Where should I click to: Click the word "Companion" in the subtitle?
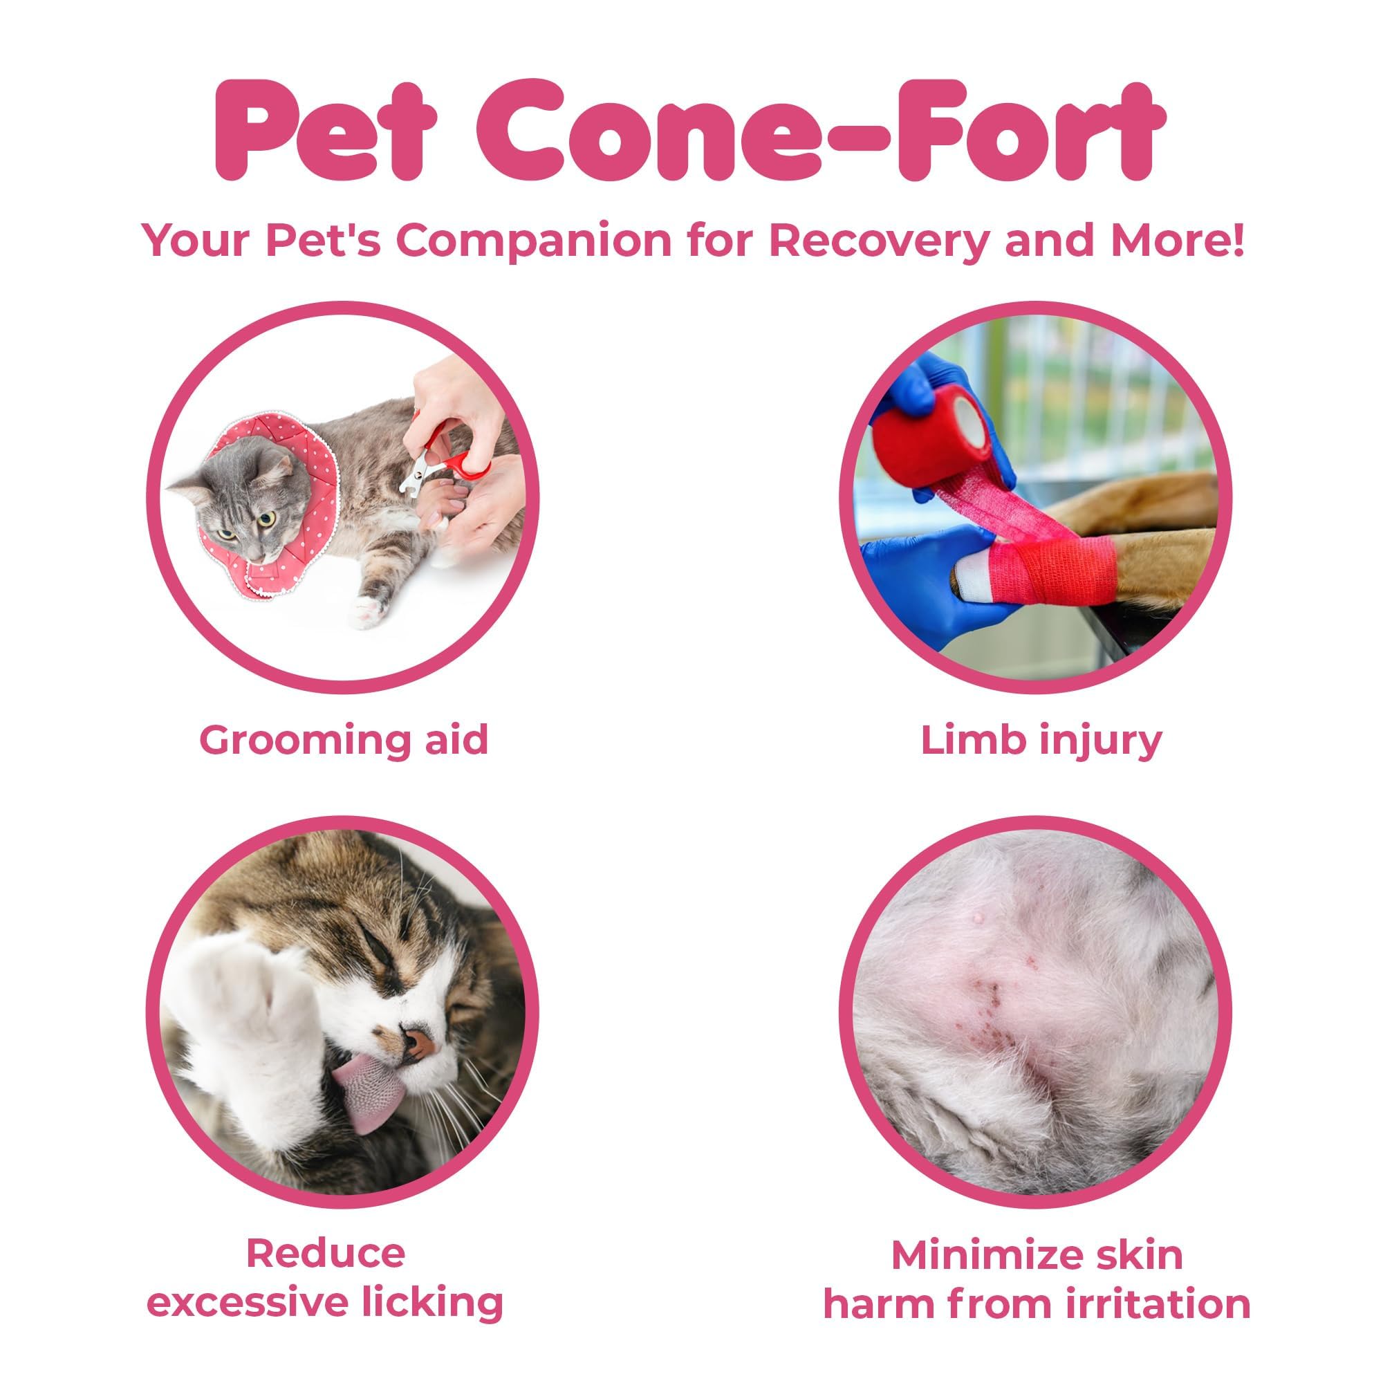coord(534,242)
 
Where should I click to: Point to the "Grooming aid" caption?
coord(344,739)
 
